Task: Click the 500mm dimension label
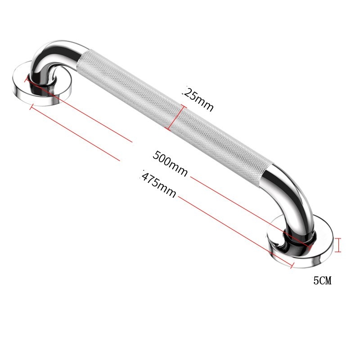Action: [170, 163]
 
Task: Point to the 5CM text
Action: [322, 281]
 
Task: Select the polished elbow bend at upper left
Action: [49, 56]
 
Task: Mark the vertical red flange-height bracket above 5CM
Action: [339, 245]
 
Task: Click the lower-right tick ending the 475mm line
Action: [292, 265]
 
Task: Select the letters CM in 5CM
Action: [326, 281]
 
